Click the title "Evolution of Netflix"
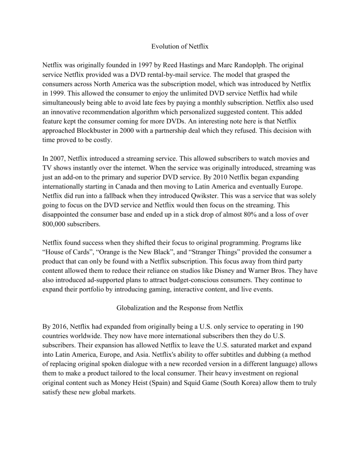pos(180,47)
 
